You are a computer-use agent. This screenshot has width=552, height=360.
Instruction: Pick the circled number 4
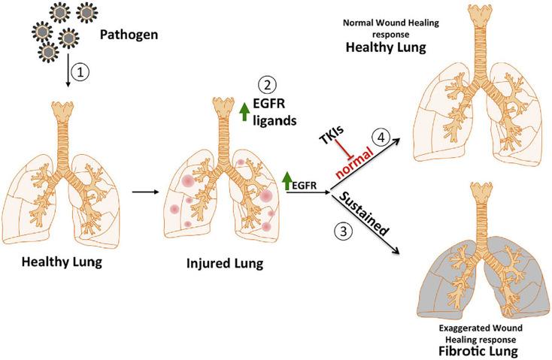point(383,138)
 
